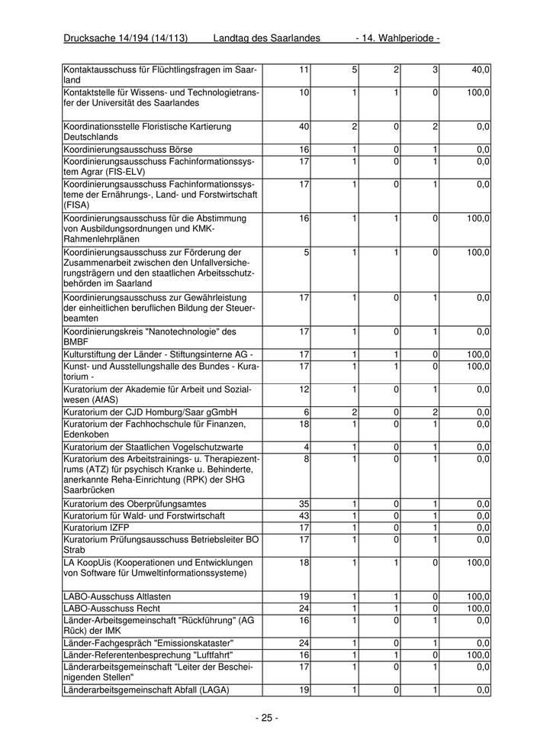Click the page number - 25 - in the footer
pos(266,718)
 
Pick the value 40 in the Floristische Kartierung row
pos(304,127)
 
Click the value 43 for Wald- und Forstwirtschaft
pos(304,516)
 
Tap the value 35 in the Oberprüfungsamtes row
pos(304,505)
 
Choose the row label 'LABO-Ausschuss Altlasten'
pos(117,596)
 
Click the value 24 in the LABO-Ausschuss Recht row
pos(304,609)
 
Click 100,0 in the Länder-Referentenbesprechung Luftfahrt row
pos(478,655)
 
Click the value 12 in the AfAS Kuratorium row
pos(304,389)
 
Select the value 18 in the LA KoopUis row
pos(304,562)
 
